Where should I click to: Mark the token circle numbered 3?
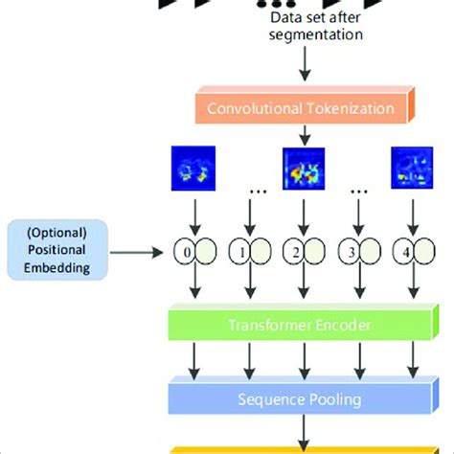tap(359, 254)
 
